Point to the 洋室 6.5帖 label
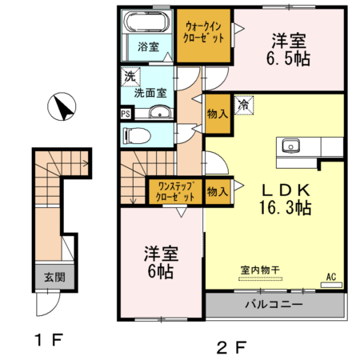pos(289,49)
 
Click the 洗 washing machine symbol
pos(130,78)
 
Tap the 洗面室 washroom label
pos(150,92)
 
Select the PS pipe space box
pos(125,114)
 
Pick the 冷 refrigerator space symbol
pos(243,104)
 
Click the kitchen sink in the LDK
pos(289,146)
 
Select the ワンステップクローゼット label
pos(173,190)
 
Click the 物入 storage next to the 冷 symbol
pos(217,113)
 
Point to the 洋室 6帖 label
pos(160,263)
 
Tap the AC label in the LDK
pos(331,278)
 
